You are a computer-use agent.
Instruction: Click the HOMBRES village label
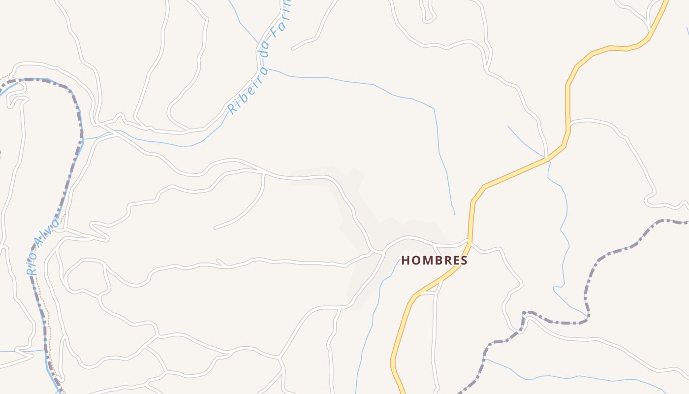(x=434, y=261)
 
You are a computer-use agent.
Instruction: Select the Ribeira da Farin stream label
(x=259, y=59)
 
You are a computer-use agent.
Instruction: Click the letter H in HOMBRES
(x=405, y=261)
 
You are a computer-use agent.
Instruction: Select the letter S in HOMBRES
(x=464, y=261)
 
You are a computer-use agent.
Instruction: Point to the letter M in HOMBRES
(x=425, y=261)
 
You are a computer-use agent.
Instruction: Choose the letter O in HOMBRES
(x=414, y=261)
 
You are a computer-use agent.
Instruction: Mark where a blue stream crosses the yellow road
(x=547, y=159)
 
